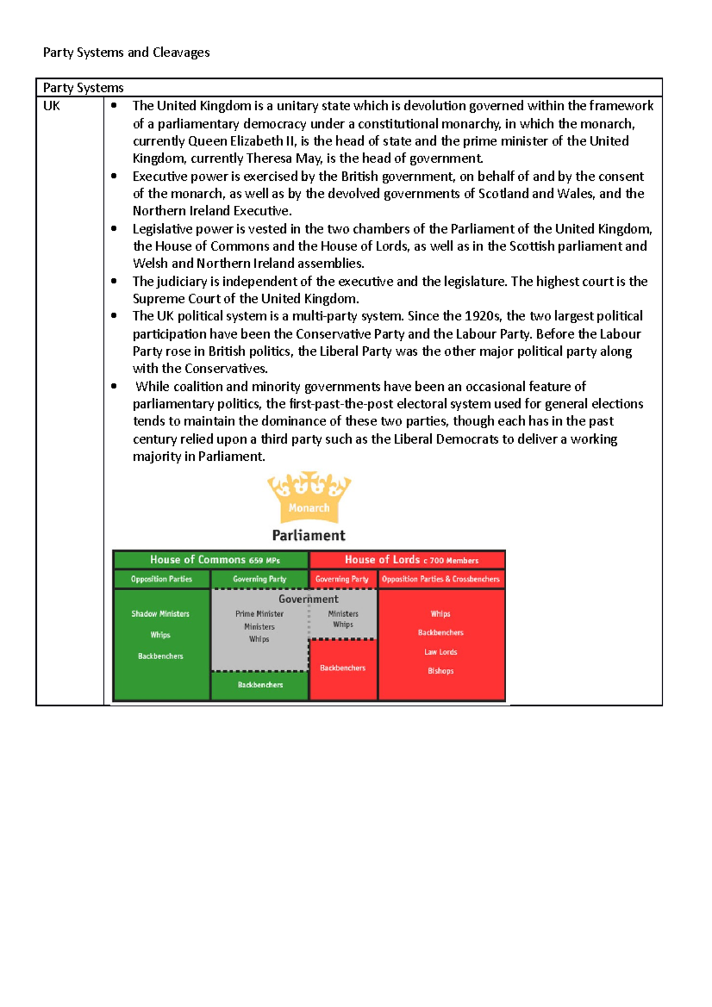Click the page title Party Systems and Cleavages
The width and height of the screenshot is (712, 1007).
[126, 52]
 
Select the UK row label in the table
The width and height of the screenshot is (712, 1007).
[52, 106]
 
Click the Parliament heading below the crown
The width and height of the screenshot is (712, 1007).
[309, 536]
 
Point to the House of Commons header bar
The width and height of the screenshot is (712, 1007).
[211, 560]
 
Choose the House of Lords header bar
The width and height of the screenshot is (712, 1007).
[408, 560]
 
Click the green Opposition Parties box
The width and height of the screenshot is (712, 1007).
[161, 579]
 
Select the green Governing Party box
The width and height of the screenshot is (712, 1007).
[260, 579]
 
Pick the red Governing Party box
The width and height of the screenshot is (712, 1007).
[342, 579]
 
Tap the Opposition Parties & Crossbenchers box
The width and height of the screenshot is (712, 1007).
[441, 579]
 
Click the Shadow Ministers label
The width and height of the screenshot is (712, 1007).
[160, 614]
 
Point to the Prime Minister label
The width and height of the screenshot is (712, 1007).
[259, 614]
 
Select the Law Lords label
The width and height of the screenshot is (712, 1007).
[441, 652]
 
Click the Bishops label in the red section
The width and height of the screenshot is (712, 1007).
[441, 671]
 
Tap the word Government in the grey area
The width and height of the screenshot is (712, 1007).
[309, 599]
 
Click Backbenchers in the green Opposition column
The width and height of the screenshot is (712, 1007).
[161, 656]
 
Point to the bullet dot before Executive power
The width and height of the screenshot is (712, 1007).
[114, 176]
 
